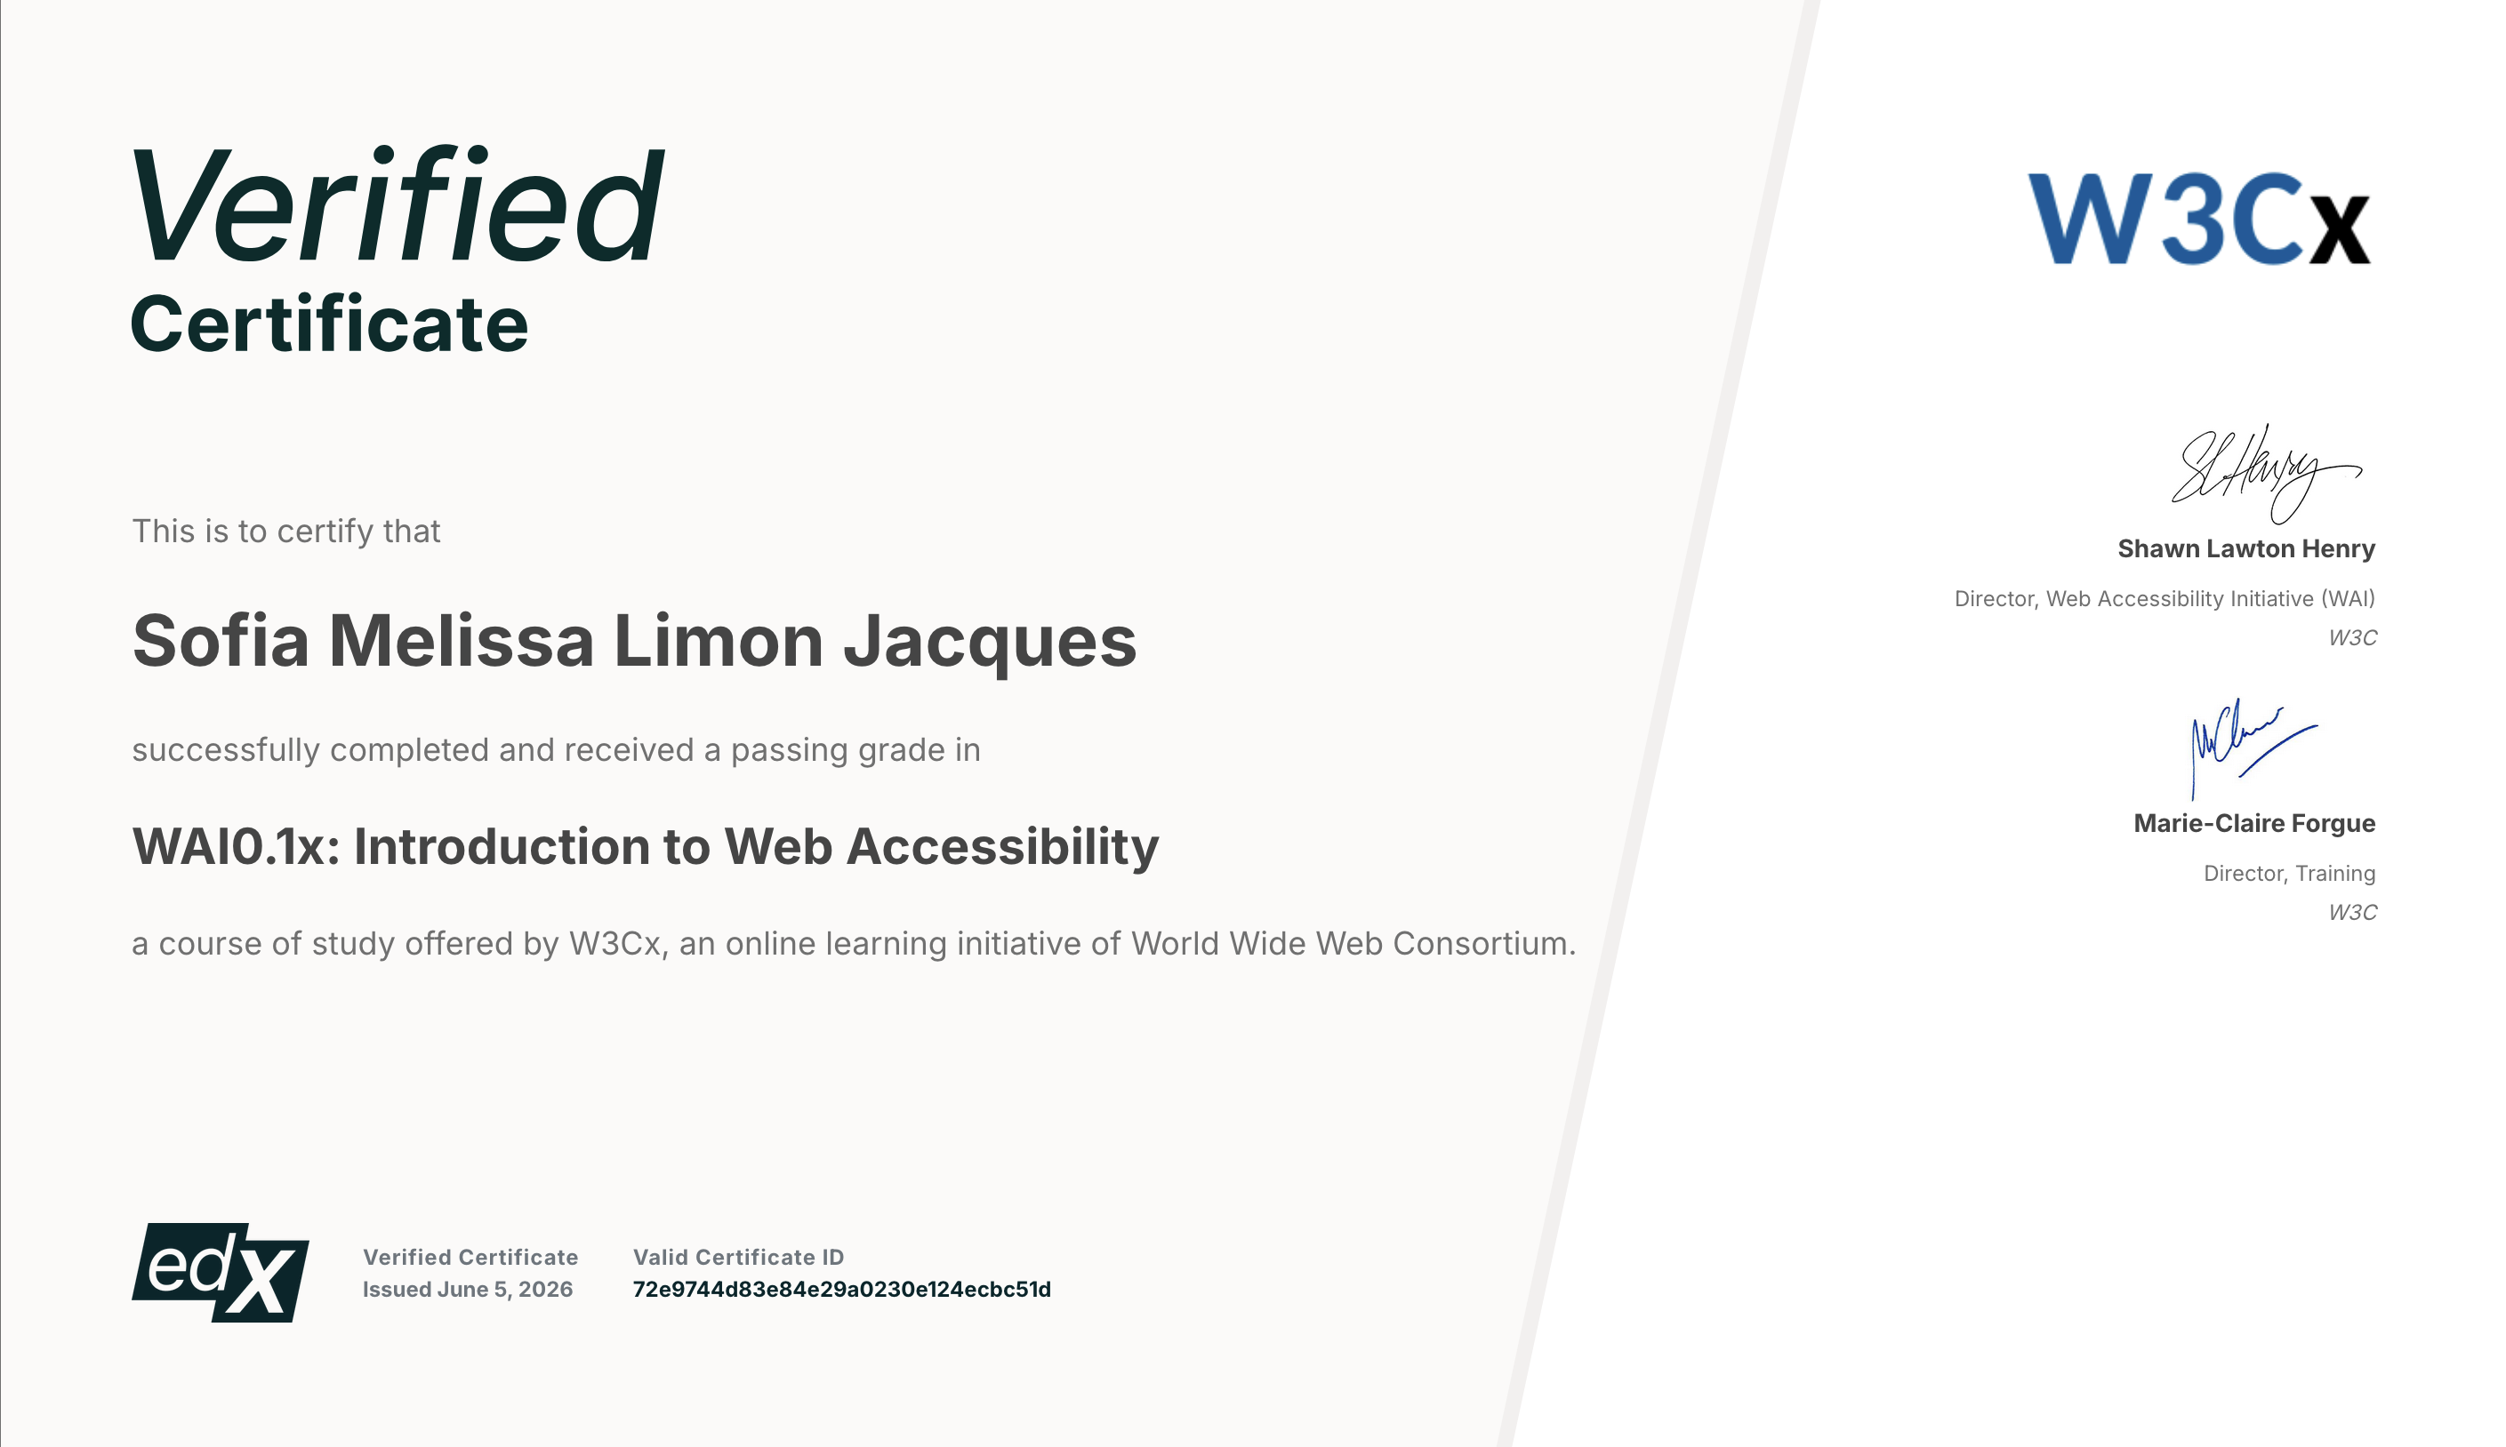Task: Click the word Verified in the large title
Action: point(397,205)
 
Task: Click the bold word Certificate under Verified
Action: point(329,324)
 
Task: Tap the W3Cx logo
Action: point(2199,218)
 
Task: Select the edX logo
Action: point(220,1272)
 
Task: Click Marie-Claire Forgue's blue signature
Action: point(2253,747)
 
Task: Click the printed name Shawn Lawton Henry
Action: point(2245,548)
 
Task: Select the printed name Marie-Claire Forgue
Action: point(2253,823)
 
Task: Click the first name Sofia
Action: point(221,640)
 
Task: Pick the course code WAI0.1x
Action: point(236,847)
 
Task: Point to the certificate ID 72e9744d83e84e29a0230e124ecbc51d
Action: point(841,1289)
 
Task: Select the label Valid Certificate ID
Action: point(737,1257)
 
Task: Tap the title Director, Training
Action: point(2289,874)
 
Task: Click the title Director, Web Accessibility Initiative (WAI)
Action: point(2164,599)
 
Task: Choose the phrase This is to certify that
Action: point(286,532)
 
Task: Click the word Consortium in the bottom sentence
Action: point(1484,943)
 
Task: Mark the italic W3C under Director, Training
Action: point(2352,912)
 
